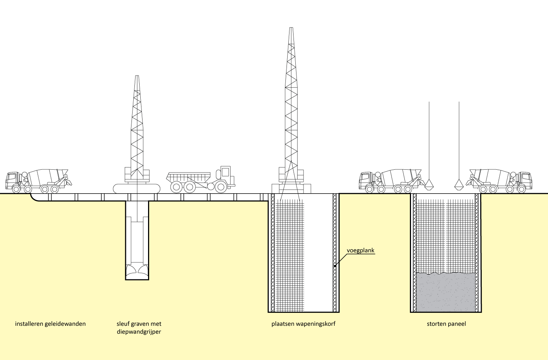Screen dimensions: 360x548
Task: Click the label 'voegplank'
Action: pos(360,251)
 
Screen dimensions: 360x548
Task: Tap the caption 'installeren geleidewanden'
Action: pos(50,324)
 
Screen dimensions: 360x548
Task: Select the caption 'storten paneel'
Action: pos(446,324)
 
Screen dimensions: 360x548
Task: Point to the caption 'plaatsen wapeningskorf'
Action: pos(303,324)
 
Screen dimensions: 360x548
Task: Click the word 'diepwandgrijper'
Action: pos(139,332)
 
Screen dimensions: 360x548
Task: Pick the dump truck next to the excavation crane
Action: pos(199,181)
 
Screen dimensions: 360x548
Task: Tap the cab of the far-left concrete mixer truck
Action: pos(13,180)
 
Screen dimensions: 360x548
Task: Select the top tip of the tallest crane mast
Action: pos(292,29)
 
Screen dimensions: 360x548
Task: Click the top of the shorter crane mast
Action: pos(137,77)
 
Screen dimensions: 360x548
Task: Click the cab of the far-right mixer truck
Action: pos(525,180)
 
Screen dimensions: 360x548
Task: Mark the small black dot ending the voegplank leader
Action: pos(334,266)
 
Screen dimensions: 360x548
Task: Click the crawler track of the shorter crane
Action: pos(137,188)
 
